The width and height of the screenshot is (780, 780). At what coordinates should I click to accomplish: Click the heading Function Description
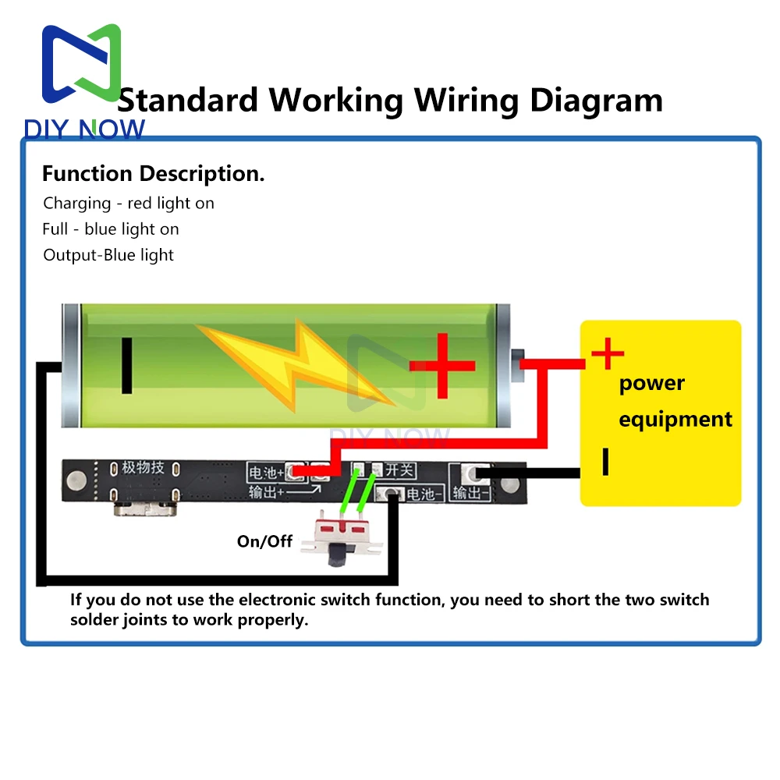tap(153, 173)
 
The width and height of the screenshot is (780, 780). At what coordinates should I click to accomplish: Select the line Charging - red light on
tap(129, 203)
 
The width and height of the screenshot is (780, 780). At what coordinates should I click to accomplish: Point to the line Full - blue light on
tap(111, 229)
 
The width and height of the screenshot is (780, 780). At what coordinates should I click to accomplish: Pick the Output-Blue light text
tap(108, 254)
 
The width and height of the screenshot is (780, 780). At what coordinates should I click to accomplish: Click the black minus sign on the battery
tap(126, 366)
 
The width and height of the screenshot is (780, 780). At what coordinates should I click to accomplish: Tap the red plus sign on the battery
tap(442, 365)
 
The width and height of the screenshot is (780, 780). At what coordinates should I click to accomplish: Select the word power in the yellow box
tap(651, 383)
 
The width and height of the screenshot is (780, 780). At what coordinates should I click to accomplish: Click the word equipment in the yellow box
tap(675, 419)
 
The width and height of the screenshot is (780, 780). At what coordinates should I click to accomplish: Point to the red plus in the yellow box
tap(608, 356)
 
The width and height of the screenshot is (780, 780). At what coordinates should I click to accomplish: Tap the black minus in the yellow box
tap(604, 462)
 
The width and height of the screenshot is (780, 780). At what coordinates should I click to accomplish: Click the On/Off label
tap(265, 541)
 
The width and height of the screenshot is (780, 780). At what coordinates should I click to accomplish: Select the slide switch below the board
tap(340, 538)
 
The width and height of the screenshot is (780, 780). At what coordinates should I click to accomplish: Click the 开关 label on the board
tap(399, 470)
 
